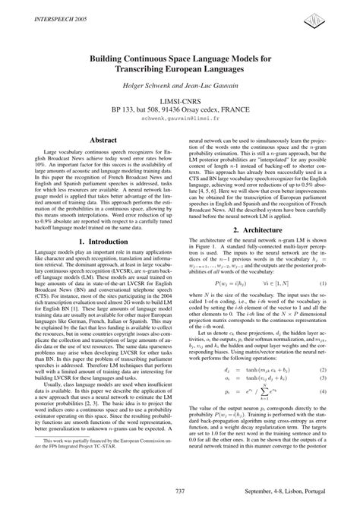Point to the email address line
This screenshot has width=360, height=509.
pos(179,120)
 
